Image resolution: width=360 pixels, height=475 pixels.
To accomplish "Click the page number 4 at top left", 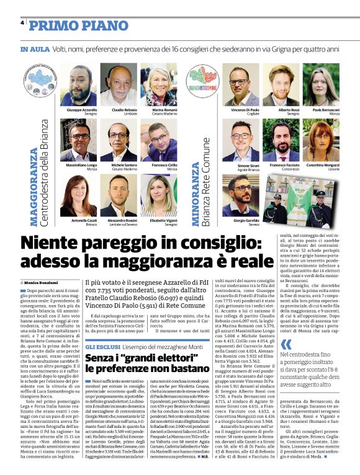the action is (22, 24).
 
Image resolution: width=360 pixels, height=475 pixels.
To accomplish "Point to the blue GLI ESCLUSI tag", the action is (102, 345).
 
